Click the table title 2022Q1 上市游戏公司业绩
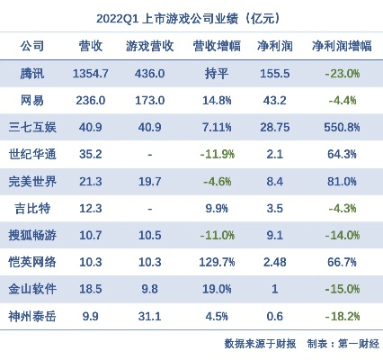click(x=191, y=17)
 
